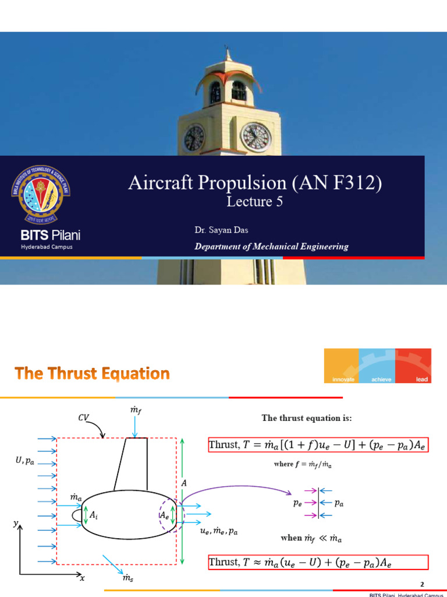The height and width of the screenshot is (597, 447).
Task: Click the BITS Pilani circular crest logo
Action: pos(46,195)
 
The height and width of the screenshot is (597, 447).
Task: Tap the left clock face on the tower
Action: pos(194,138)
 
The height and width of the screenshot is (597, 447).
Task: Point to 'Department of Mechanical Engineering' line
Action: pos(271,247)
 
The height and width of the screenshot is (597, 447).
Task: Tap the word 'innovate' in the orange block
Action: pos(343,380)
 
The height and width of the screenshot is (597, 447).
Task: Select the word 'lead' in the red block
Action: pos(422,380)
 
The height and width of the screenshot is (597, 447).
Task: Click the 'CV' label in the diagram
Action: pos(84,417)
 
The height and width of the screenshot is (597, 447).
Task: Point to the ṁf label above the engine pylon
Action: pos(135,413)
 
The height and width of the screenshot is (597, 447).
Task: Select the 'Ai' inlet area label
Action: pos(94,515)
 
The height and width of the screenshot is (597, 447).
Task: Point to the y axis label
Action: pos(15,524)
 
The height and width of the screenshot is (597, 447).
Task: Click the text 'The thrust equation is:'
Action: pos(306,418)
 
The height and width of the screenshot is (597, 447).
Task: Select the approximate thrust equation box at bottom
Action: pos(318,562)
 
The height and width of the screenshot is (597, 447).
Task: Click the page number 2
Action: pos(423,584)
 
